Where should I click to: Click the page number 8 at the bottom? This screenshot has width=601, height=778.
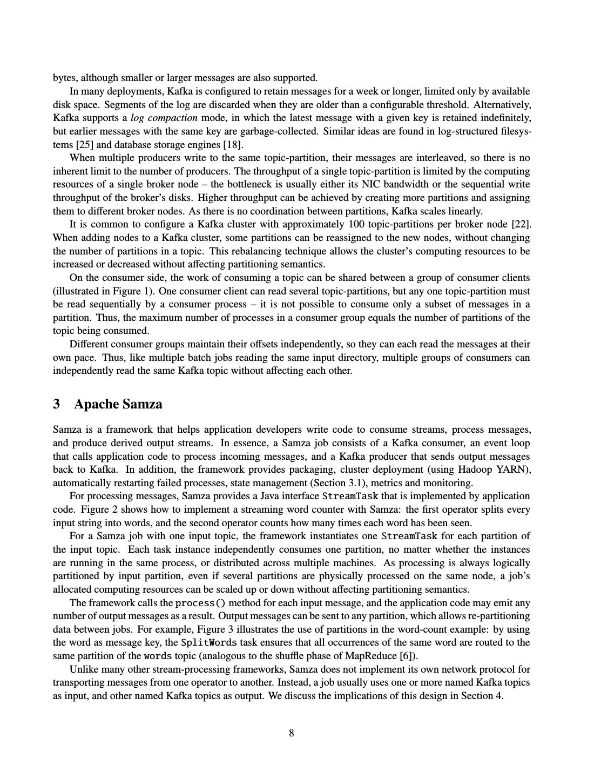292,733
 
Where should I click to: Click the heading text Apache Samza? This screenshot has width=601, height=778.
118,404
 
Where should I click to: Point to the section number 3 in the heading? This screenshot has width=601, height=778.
57,404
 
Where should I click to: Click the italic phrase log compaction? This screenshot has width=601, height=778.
164,118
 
